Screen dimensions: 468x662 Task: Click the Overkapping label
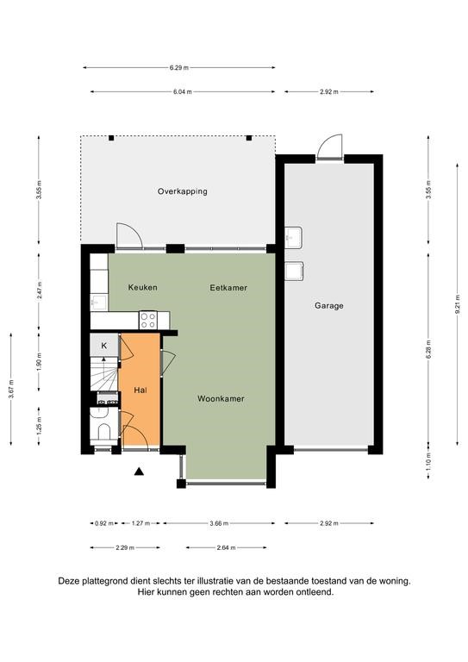click(183, 191)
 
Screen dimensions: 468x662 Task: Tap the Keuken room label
click(142, 288)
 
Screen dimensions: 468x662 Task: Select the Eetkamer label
click(228, 288)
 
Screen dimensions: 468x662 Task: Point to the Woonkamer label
click(221, 398)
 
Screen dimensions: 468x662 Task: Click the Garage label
click(328, 306)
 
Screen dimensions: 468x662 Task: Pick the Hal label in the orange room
click(140, 390)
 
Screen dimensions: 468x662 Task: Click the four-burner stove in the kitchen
click(148, 320)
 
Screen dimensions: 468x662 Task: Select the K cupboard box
click(103, 346)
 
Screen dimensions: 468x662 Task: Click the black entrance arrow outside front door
click(139, 472)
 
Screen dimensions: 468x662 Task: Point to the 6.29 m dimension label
click(179, 67)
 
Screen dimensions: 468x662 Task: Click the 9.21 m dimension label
click(457, 305)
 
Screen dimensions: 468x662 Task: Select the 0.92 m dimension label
click(103, 523)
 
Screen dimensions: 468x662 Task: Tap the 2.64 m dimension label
click(226, 548)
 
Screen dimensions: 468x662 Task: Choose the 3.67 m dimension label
click(11, 389)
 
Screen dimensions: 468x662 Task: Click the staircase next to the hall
click(103, 373)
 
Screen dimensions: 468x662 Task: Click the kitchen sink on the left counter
click(98, 303)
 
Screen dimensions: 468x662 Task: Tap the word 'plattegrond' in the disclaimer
click(103, 581)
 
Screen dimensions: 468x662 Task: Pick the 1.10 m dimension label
click(428, 460)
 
